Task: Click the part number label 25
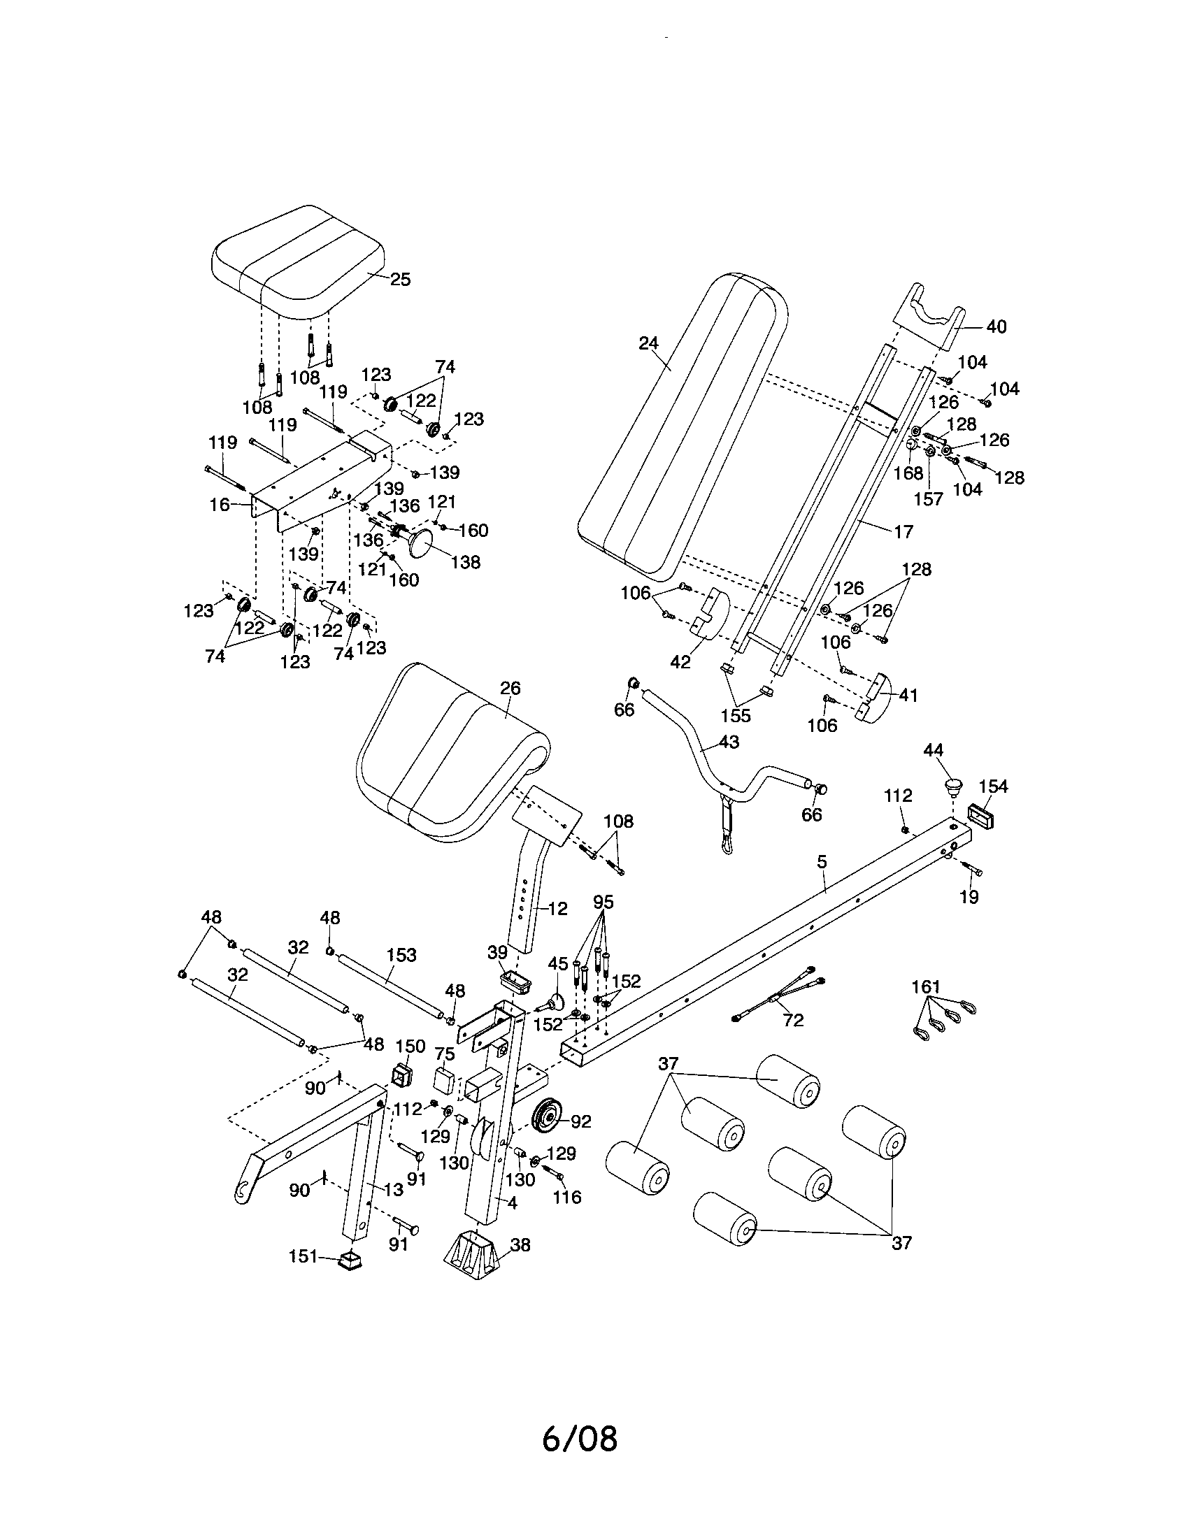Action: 400,279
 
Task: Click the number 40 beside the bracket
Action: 996,326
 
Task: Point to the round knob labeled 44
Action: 954,784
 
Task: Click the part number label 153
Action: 401,955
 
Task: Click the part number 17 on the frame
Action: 903,532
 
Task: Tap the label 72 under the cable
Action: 793,1021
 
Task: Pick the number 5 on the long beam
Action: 822,862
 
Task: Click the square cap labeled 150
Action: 401,1075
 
